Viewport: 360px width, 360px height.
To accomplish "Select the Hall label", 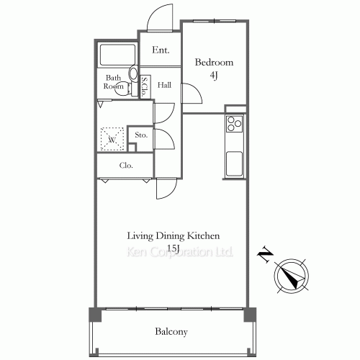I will click(165, 85).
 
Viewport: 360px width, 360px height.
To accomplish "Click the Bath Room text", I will click(114, 81).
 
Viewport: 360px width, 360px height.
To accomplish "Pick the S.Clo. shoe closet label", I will click(145, 86).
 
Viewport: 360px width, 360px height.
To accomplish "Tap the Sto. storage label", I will click(141, 134).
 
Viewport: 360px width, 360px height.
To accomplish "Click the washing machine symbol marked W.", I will click(112, 138).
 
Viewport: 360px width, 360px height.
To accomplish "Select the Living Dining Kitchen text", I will click(173, 235).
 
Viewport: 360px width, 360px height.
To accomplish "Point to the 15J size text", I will click(173, 248).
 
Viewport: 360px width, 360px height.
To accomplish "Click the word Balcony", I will click(171, 332).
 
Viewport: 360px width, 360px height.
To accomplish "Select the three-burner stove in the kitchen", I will click(235, 124).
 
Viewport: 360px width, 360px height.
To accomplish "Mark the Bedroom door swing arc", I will click(189, 94).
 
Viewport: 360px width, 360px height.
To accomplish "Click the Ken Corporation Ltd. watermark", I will click(180, 253).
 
